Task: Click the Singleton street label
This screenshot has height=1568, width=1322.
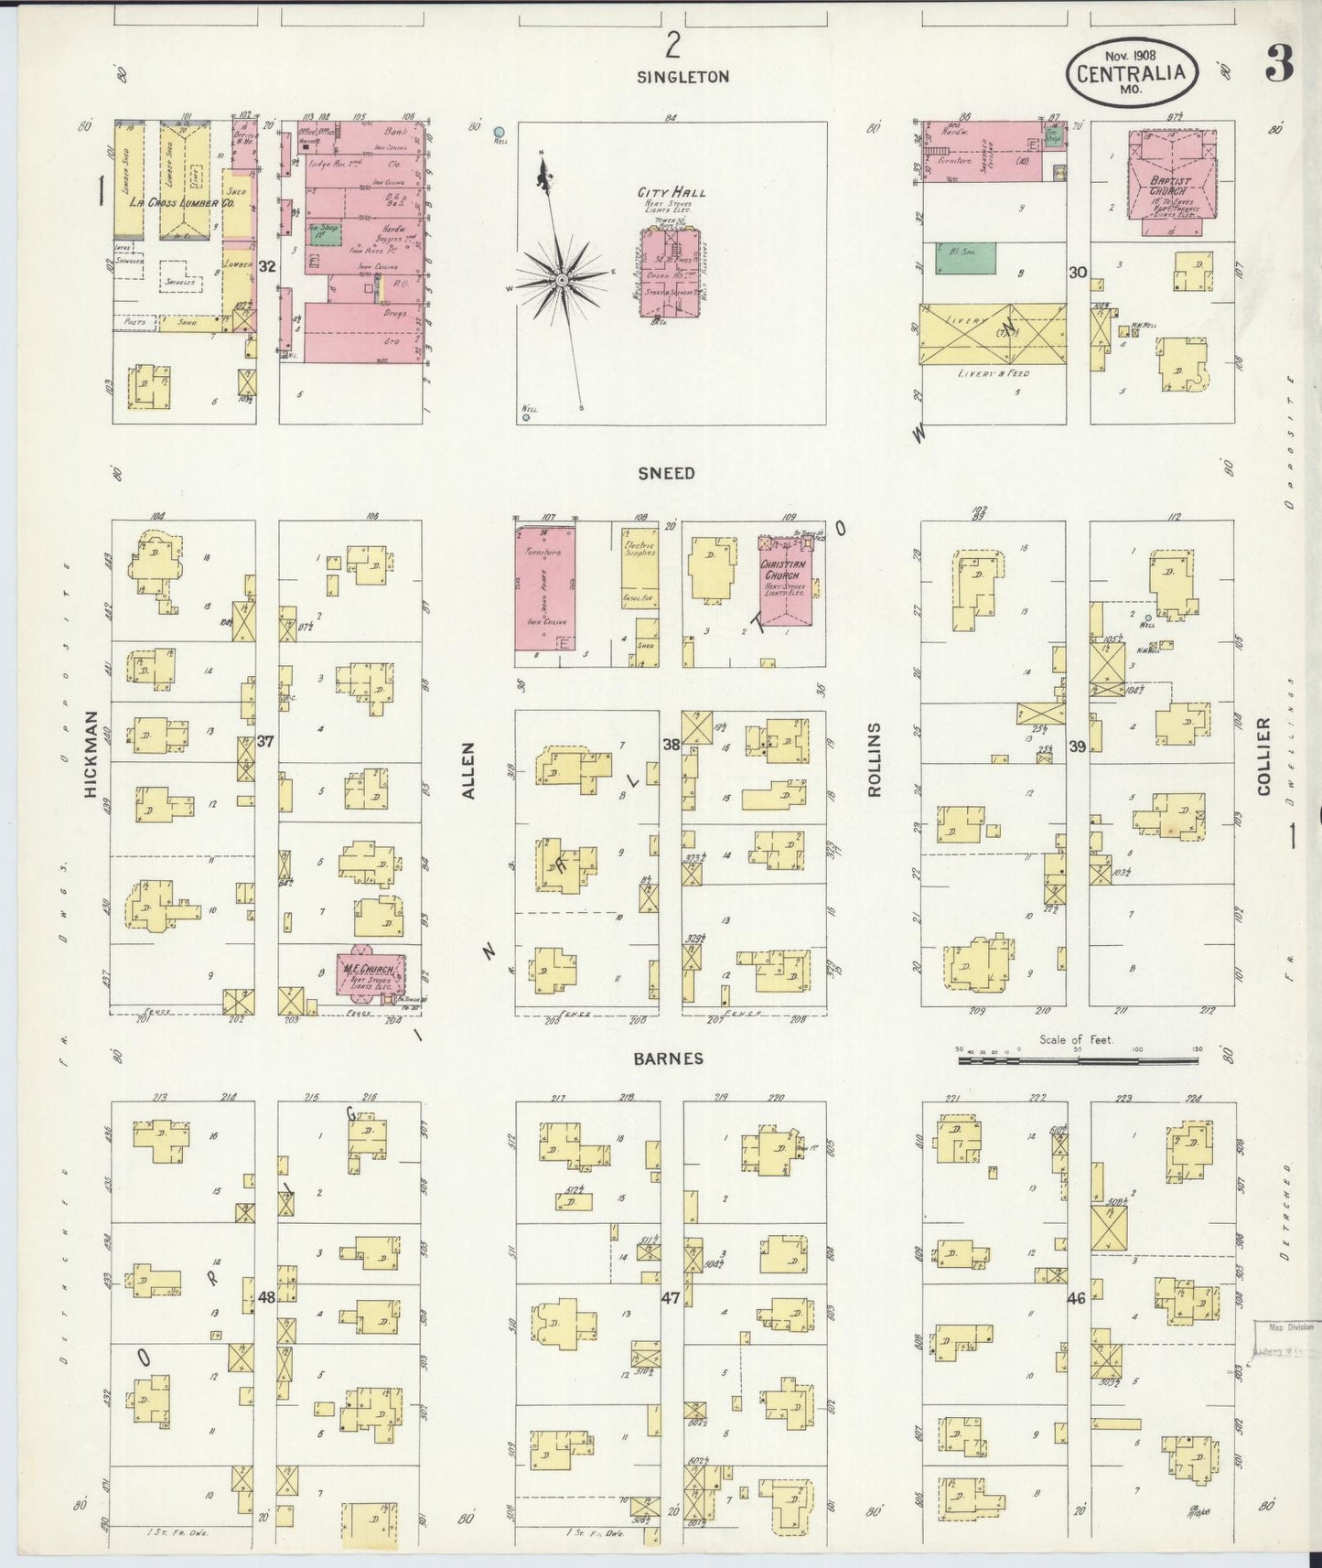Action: tap(683, 78)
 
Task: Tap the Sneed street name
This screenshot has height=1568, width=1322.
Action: tap(667, 473)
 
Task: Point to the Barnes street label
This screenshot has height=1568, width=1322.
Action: tap(669, 1058)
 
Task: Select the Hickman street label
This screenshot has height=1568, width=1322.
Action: tap(91, 755)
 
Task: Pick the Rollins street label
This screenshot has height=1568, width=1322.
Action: tap(874, 759)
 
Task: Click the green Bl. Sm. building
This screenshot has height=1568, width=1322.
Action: tap(965, 258)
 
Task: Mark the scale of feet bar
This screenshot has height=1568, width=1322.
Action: tap(1078, 1061)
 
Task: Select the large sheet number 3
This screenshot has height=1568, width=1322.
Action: tap(1280, 64)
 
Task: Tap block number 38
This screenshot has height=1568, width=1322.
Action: tap(671, 745)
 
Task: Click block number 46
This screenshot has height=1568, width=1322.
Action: tap(1076, 1297)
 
